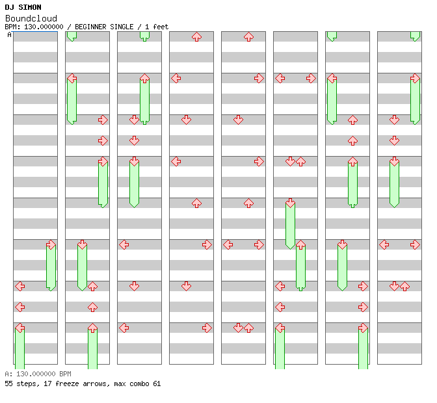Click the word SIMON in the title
[x=30, y=8]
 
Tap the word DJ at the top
[x=9, y=8]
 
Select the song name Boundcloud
[x=31, y=18]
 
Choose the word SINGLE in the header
[x=123, y=27]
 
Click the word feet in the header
[x=161, y=27]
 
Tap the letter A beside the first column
[x=9, y=34]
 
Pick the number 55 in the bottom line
[x=8, y=383]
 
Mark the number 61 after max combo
[x=157, y=383]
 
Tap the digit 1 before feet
[x=146, y=27]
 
